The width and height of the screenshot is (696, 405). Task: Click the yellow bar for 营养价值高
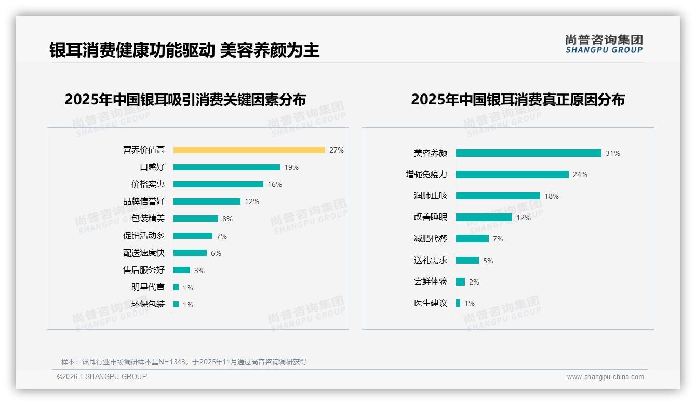(249, 150)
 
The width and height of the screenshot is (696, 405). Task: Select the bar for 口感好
(226, 167)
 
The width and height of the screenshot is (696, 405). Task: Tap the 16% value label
(275, 184)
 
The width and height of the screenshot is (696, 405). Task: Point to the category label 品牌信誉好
(144, 201)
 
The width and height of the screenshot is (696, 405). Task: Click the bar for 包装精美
(196, 219)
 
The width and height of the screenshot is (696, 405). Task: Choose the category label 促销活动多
(144, 236)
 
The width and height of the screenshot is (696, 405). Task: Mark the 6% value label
(216, 253)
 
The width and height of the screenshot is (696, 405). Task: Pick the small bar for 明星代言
(176, 287)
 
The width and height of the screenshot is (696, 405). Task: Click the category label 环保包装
(148, 304)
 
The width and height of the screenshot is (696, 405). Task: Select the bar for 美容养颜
(528, 153)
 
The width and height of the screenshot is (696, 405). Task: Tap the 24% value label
(580, 174)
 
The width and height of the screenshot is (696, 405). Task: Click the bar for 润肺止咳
(498, 196)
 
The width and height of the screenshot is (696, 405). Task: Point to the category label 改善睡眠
(431, 217)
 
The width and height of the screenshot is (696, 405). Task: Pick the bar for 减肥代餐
(472, 239)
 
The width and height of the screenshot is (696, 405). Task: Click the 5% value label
(488, 261)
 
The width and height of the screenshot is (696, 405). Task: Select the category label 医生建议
(431, 303)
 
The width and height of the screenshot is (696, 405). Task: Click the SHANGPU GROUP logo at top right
(604, 44)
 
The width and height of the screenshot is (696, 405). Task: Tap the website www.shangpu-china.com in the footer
(605, 377)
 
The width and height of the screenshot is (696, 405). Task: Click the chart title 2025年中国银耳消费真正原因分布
(518, 99)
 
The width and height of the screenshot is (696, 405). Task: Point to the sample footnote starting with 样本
(184, 362)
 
